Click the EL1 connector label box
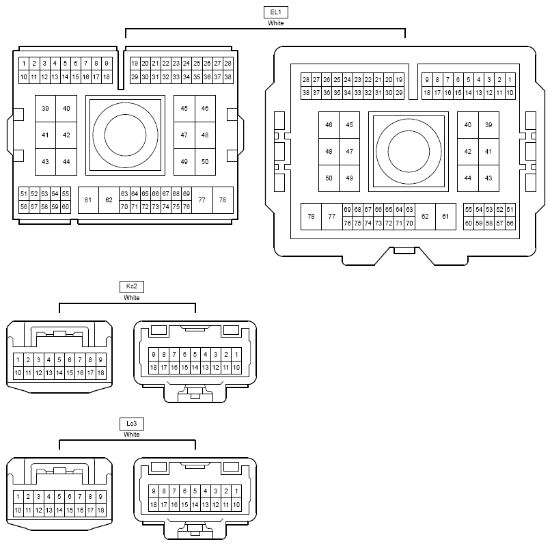(x=275, y=12)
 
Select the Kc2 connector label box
(x=132, y=286)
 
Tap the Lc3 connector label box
(x=132, y=424)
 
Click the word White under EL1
(x=275, y=23)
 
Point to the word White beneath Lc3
(x=132, y=435)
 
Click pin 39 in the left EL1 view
(x=45, y=109)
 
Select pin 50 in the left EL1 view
(x=205, y=162)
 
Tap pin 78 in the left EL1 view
(x=223, y=200)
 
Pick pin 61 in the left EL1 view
(x=88, y=200)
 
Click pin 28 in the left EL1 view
(x=227, y=64)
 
